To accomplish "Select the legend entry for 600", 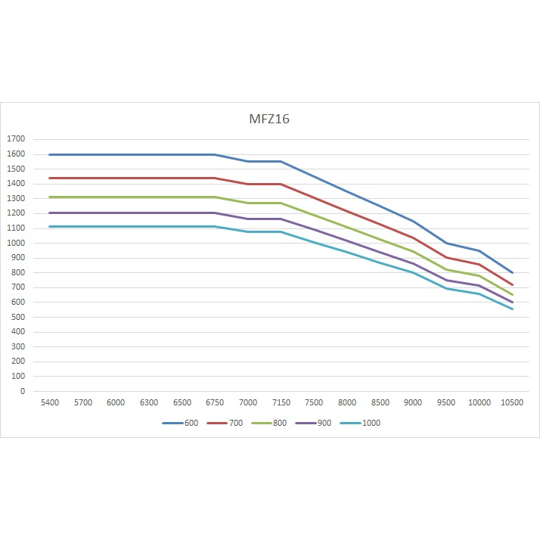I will pyautogui.click(x=181, y=423).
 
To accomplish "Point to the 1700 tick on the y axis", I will pyautogui.click(x=16, y=139).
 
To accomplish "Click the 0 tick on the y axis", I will pyautogui.click(x=23, y=391).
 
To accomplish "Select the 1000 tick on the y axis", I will pyautogui.click(x=16, y=243).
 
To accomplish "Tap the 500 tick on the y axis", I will pyautogui.click(x=18, y=317).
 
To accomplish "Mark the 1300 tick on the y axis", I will pyautogui.click(x=16, y=198).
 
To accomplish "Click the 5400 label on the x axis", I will pyautogui.click(x=50, y=402).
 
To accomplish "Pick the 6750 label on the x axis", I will pyautogui.click(x=215, y=402).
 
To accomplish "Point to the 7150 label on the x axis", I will pyautogui.click(x=281, y=402).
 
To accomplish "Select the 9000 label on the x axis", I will pyautogui.click(x=413, y=402).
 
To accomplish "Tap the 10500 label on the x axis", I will pyautogui.click(x=512, y=402).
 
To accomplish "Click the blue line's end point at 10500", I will pyautogui.click(x=512, y=272).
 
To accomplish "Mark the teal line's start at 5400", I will pyautogui.click(x=50, y=226).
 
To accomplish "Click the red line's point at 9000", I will pyautogui.click(x=413, y=238).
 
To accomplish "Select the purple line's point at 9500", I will pyautogui.click(x=446, y=280).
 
